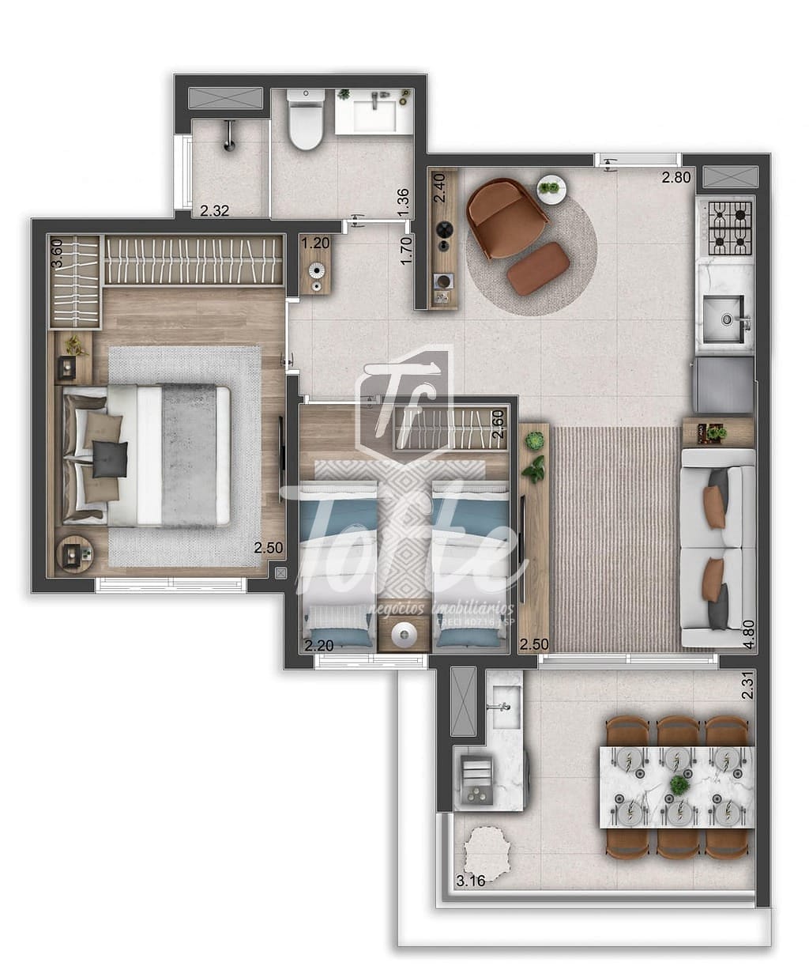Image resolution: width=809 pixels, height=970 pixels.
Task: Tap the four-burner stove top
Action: [729, 228]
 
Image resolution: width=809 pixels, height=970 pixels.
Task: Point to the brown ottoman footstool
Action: [538, 269]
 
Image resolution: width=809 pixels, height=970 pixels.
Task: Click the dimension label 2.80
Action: [676, 178]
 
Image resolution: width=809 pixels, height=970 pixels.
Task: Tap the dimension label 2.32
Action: [215, 211]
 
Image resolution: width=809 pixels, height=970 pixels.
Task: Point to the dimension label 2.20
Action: [319, 646]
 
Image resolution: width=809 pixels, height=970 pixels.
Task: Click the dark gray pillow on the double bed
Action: [110, 459]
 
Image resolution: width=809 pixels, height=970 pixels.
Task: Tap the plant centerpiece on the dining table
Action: [679, 785]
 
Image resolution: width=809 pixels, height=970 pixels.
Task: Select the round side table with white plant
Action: [551, 189]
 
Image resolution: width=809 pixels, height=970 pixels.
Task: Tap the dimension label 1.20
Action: [314, 243]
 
